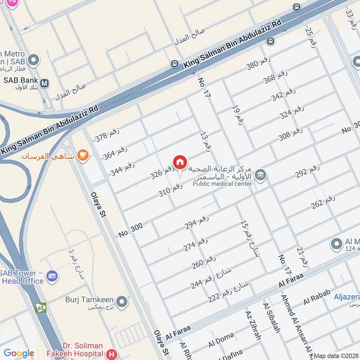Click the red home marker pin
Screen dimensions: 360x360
click(x=180, y=162)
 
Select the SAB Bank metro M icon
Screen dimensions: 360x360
click(x=44, y=83)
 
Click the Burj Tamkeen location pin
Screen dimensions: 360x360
click(x=121, y=301)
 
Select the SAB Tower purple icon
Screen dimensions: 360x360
click(x=52, y=276)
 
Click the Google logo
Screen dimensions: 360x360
click(x=19, y=353)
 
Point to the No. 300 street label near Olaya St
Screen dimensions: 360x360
click(x=130, y=229)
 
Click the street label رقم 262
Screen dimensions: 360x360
click(x=323, y=202)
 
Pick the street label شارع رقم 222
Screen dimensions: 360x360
click(x=229, y=292)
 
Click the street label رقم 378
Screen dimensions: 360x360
click(x=107, y=135)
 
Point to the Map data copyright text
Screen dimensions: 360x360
click(x=336, y=355)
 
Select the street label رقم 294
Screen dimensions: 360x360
click(x=197, y=223)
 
